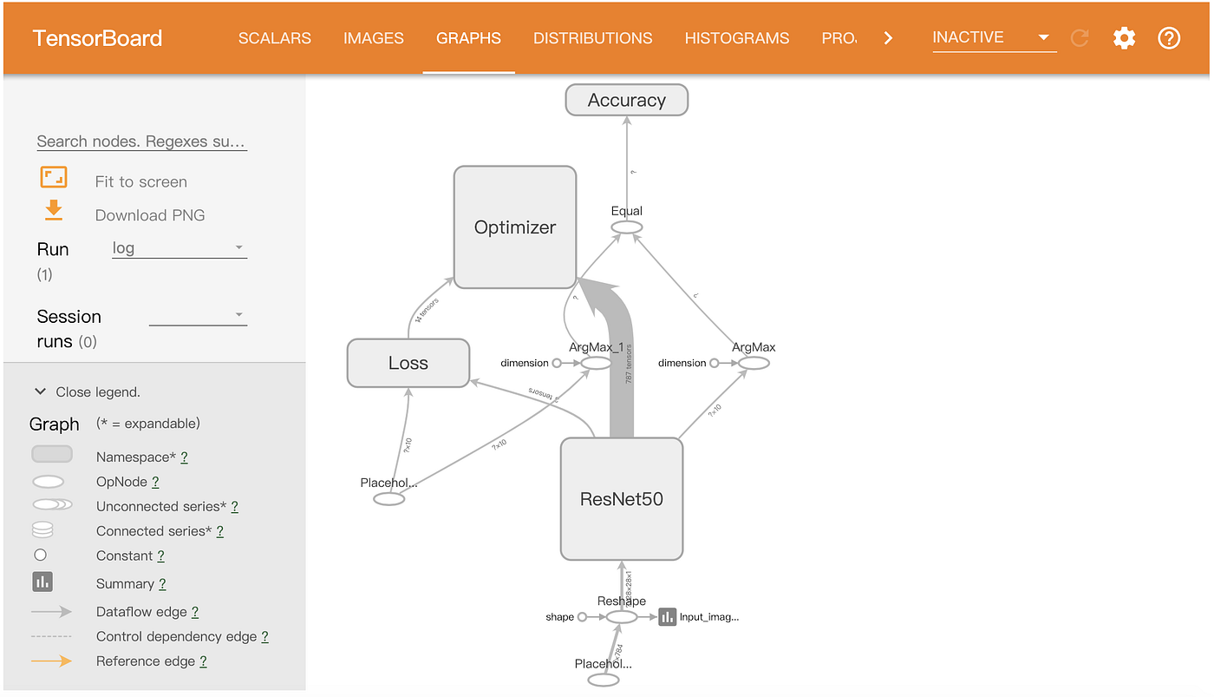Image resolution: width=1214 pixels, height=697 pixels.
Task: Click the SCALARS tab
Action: click(x=274, y=38)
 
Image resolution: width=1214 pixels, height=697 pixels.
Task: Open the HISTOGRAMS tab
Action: click(x=736, y=38)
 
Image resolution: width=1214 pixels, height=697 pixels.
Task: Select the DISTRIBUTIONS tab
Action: click(x=592, y=38)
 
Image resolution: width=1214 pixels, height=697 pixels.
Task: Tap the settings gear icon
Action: click(x=1124, y=38)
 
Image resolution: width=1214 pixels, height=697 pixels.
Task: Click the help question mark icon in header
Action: click(x=1169, y=38)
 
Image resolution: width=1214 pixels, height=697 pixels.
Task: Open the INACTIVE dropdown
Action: click(x=993, y=37)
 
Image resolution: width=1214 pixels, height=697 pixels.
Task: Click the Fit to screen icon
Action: click(x=54, y=178)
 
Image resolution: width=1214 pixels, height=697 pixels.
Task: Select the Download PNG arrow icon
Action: click(x=54, y=210)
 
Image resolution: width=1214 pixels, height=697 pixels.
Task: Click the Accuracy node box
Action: click(x=626, y=100)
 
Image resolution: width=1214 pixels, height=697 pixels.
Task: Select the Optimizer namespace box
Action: click(x=515, y=227)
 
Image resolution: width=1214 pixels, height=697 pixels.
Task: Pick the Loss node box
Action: click(x=408, y=363)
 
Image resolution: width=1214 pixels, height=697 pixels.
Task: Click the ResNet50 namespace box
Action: click(x=622, y=499)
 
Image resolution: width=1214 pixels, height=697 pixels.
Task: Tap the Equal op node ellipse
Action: click(x=626, y=227)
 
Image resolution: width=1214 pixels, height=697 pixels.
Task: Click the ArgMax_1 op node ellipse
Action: click(x=596, y=363)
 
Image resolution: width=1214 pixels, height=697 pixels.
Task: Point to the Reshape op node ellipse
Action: click(x=621, y=616)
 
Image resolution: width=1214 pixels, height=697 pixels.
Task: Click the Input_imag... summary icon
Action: click(x=667, y=616)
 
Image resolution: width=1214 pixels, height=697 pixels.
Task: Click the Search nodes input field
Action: click(x=141, y=141)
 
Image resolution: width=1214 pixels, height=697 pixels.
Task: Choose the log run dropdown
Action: click(x=179, y=248)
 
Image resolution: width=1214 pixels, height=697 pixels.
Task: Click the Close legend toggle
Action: click(x=87, y=391)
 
